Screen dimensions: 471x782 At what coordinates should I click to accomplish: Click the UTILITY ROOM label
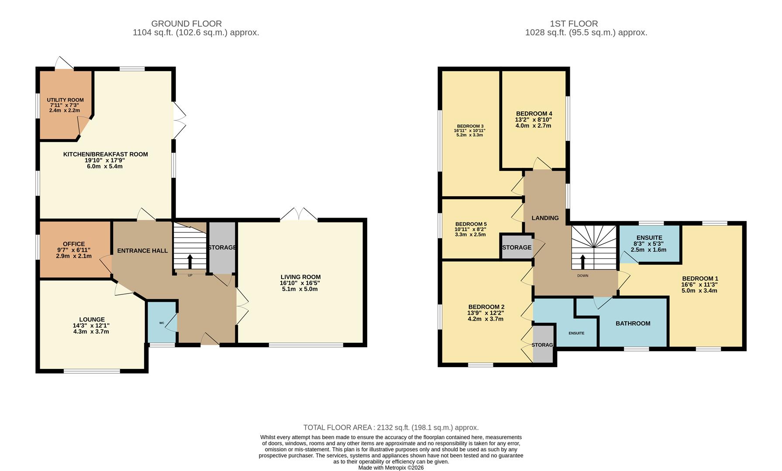[x=65, y=100]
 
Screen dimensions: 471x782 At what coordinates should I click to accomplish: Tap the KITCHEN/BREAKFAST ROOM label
[x=105, y=154]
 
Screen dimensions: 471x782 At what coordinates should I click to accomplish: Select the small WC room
[x=162, y=323]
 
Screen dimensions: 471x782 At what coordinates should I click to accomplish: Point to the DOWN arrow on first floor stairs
[x=582, y=262]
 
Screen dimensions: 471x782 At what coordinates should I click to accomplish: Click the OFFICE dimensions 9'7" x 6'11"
[x=74, y=250]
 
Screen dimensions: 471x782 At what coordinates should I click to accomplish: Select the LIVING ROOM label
[x=300, y=277]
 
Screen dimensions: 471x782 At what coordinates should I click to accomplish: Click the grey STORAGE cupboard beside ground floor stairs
[x=222, y=247]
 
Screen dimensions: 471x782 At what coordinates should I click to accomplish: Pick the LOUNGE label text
[x=92, y=320]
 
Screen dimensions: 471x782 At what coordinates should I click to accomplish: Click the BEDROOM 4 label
[x=534, y=113]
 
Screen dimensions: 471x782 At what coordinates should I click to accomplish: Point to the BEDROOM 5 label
[x=471, y=224]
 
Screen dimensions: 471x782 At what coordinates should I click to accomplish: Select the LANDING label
[x=545, y=218]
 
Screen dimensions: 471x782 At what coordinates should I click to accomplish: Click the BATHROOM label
[x=633, y=324]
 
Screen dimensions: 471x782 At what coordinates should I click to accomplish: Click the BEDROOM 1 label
[x=700, y=279]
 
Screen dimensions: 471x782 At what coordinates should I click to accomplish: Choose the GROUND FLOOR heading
[x=186, y=24]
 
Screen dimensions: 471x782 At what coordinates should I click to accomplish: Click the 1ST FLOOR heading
[x=573, y=24]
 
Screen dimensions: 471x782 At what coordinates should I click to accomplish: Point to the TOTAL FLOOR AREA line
[x=391, y=427]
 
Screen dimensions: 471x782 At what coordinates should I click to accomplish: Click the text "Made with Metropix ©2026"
[x=391, y=468]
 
